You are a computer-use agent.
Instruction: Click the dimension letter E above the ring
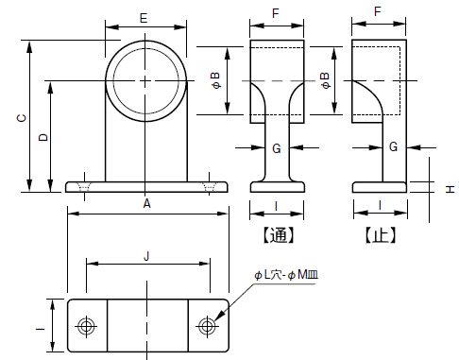tap(144, 18)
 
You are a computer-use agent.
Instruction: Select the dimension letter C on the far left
tap(22, 118)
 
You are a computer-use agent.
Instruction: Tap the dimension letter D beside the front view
tap(43, 137)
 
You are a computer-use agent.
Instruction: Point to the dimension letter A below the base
tap(146, 204)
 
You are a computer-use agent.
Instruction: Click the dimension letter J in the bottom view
tap(146, 256)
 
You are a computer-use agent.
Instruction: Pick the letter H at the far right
tap(450, 189)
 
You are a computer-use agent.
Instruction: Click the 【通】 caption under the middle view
tap(279, 235)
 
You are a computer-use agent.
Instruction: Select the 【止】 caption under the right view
tap(380, 235)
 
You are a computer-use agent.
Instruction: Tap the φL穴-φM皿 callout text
tap(286, 275)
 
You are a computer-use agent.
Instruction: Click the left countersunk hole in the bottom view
tap(86, 326)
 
